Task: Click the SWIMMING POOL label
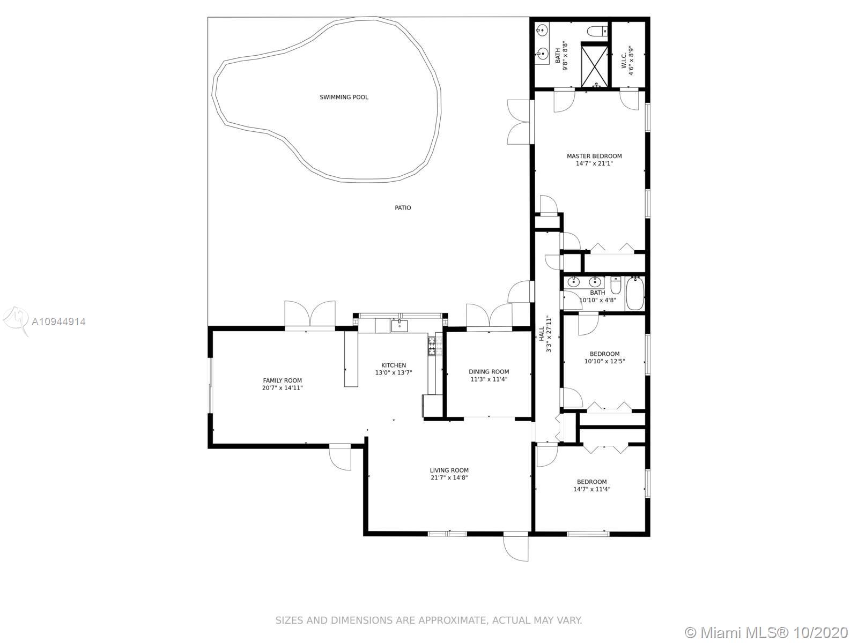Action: [x=344, y=97]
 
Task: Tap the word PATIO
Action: [x=403, y=208]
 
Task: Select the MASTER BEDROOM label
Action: [x=594, y=156]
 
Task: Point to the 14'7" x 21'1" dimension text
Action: [x=594, y=163]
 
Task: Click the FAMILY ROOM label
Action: [x=282, y=380]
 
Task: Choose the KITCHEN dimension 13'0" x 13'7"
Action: [x=394, y=372]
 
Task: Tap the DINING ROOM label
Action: [x=489, y=372]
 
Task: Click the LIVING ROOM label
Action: [x=449, y=470]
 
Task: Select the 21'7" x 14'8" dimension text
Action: [x=449, y=477]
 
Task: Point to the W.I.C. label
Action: [x=624, y=61]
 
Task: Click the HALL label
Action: [x=542, y=334]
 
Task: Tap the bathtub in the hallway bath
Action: [x=635, y=293]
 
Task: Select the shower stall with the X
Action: [x=595, y=67]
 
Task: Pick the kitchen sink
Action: [x=400, y=326]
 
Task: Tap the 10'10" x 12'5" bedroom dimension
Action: [x=605, y=362]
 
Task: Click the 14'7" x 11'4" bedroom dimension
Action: [x=592, y=489]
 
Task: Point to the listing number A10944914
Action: [x=58, y=322]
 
